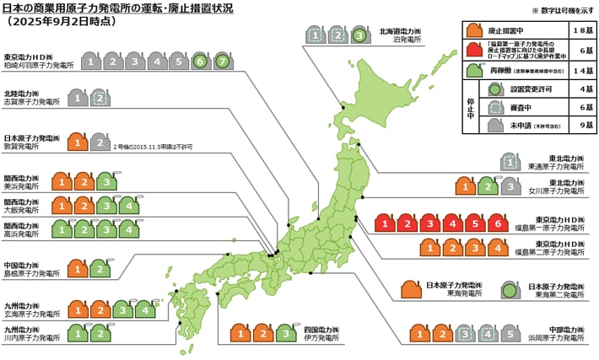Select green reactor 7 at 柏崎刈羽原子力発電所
click(x=222, y=62)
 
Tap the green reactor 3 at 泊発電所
click(x=359, y=35)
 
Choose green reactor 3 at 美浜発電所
click(x=105, y=180)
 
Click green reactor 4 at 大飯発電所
click(x=127, y=205)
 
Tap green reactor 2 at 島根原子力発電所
click(x=100, y=269)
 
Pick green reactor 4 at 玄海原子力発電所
click(x=145, y=309)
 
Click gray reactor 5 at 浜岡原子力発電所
click(x=510, y=333)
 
